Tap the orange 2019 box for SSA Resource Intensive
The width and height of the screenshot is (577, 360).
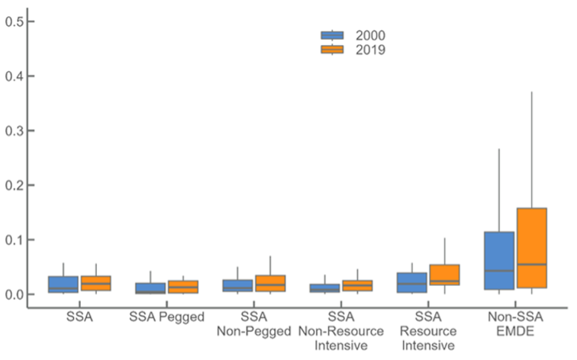click(x=444, y=275)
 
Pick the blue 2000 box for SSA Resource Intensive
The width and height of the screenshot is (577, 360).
click(x=412, y=283)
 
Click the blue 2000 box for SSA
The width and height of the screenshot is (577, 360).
click(x=63, y=284)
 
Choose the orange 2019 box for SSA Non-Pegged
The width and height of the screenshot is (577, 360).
click(x=270, y=284)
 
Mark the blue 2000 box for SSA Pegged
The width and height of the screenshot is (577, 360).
click(x=150, y=288)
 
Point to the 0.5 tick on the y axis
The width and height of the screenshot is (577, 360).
click(x=15, y=21)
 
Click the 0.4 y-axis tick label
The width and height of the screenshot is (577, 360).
click(x=15, y=76)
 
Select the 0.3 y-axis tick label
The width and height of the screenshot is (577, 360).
click(x=15, y=130)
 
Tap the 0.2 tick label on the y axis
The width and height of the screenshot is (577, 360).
click(x=15, y=185)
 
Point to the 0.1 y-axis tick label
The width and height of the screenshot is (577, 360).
click(x=15, y=239)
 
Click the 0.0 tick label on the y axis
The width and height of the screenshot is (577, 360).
click(x=15, y=294)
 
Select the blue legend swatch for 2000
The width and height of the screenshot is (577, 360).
click(x=332, y=35)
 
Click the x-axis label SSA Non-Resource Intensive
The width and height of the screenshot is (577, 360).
click(x=341, y=332)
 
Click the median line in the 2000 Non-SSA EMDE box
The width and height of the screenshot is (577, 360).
click(x=499, y=271)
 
